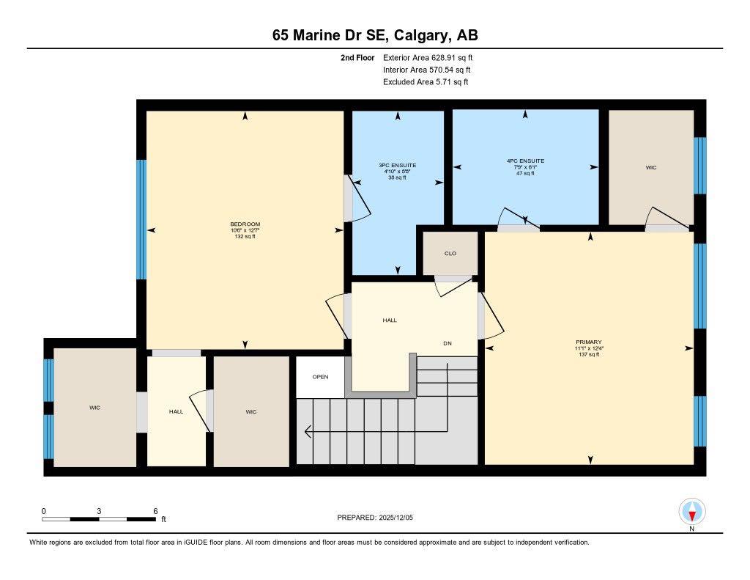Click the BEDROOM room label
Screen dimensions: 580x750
click(x=245, y=224)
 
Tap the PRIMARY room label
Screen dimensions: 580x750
click(x=588, y=342)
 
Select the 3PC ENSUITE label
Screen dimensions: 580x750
click(x=397, y=166)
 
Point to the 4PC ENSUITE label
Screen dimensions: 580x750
click(x=525, y=161)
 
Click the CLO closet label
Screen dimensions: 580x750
click(x=450, y=254)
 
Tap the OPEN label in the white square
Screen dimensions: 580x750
click(x=320, y=377)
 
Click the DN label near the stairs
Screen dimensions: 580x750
click(x=447, y=342)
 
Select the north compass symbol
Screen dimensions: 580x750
click(x=691, y=511)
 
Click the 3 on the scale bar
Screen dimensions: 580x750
click(x=98, y=511)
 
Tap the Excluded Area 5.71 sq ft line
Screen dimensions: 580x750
click(x=425, y=82)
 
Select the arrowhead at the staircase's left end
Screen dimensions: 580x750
click(x=308, y=431)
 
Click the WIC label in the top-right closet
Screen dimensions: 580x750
click(x=651, y=168)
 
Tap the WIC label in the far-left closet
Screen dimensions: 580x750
click(x=94, y=408)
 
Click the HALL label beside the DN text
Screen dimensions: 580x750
click(x=390, y=320)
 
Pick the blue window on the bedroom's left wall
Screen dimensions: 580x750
click(x=141, y=219)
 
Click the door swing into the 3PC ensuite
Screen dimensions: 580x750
click(x=360, y=199)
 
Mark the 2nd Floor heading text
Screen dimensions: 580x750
click(x=357, y=57)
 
